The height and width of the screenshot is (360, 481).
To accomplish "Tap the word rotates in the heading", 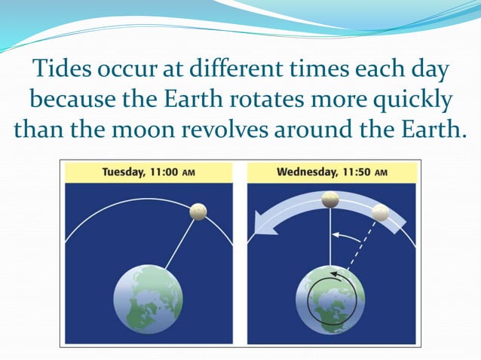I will pos(312,99).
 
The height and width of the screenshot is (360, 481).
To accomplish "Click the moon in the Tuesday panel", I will pos(198,212).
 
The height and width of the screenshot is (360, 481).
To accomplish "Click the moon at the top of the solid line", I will pos(330,200).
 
